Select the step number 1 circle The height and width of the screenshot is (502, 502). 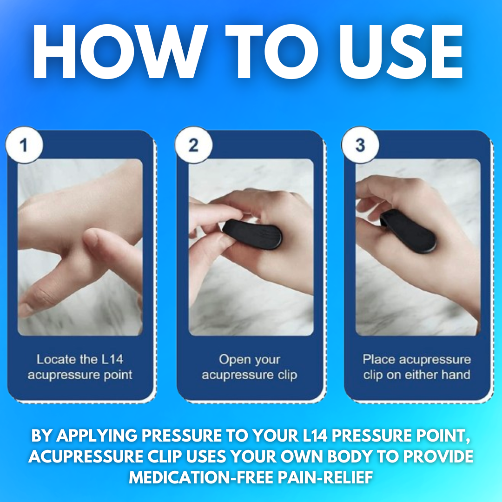tap(24, 146)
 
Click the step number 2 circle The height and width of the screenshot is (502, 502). tap(193, 146)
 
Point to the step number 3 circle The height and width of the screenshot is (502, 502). tap(360, 146)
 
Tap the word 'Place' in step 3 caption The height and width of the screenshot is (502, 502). tap(379, 360)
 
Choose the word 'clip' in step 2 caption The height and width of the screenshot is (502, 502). tap(287, 375)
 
